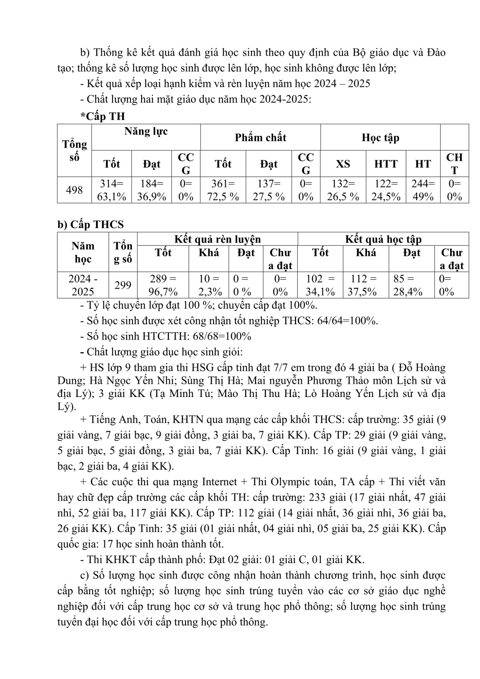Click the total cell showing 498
pyautogui.click(x=74, y=190)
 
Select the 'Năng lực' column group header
pyautogui.click(x=146, y=131)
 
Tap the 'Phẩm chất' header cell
pyautogui.click(x=260, y=138)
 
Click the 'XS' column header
pyautogui.click(x=342, y=164)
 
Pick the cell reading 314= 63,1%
pyautogui.click(x=111, y=190)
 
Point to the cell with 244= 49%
pyautogui.click(x=423, y=190)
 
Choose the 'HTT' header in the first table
pyautogui.click(x=385, y=164)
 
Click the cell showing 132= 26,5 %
pyautogui.click(x=342, y=190)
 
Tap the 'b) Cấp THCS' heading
pyautogui.click(x=90, y=225)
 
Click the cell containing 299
pyautogui.click(x=123, y=285)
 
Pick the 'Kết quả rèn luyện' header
pyautogui.click(x=217, y=239)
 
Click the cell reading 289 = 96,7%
pyautogui.click(x=163, y=285)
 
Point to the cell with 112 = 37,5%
pyautogui.click(x=366, y=285)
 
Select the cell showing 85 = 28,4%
pyautogui.click(x=411, y=285)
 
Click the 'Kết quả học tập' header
pyautogui.click(x=383, y=239)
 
